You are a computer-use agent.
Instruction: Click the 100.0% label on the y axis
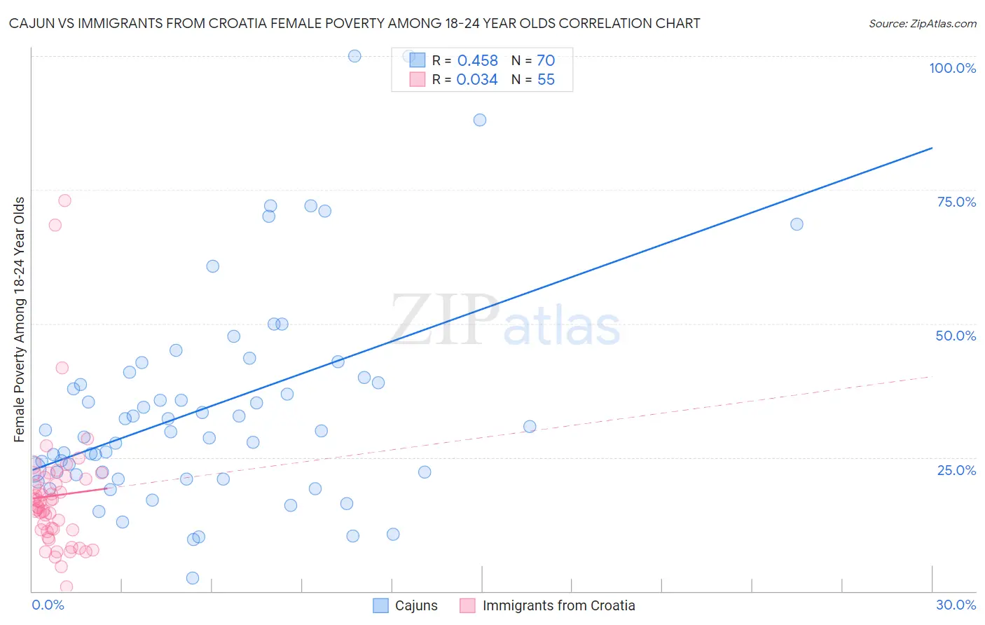click(952, 68)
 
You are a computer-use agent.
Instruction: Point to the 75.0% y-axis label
click(956, 202)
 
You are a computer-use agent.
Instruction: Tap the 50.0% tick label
click(956, 336)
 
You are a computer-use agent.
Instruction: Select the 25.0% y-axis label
click(956, 470)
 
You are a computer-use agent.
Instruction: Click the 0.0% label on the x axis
click(48, 605)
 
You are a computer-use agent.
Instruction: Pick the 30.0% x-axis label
click(956, 605)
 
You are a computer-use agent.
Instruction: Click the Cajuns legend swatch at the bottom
click(380, 605)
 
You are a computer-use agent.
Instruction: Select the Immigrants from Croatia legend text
click(558, 605)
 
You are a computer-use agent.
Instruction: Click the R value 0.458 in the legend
click(477, 61)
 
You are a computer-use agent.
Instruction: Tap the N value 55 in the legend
click(546, 80)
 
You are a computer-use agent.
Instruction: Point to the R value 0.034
click(477, 80)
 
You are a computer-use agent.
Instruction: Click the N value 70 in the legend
click(546, 61)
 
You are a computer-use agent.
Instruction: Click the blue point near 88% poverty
click(480, 120)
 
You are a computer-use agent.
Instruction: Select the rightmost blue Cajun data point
click(797, 224)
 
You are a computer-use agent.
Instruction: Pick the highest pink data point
click(64, 200)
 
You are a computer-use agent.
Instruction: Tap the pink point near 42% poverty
click(62, 368)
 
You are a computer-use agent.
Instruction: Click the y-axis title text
click(20, 320)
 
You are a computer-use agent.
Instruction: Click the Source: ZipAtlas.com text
click(922, 24)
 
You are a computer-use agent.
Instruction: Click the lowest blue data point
click(193, 578)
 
